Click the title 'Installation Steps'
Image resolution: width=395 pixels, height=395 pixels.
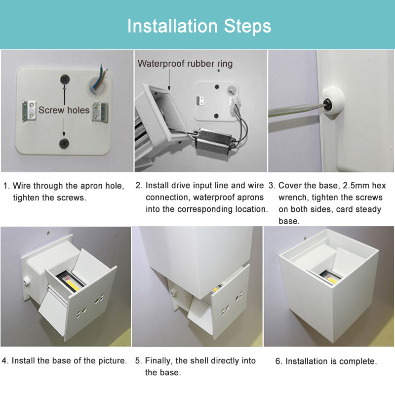point(199,26)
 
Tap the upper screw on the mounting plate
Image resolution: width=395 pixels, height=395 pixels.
point(64,79)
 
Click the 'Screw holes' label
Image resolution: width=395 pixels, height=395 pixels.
point(64,110)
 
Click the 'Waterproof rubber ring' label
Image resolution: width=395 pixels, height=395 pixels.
point(185,63)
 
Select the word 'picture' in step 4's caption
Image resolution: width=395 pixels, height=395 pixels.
point(111,361)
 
